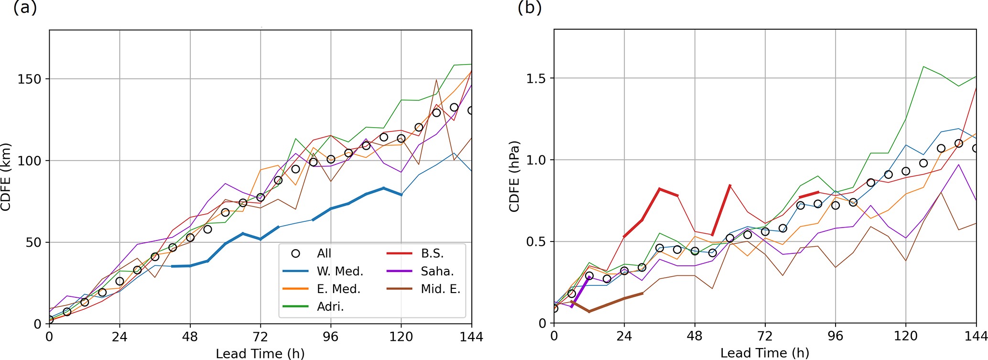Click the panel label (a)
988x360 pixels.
(25, 8)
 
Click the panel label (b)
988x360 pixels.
(530, 8)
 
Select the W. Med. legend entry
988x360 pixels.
(340, 272)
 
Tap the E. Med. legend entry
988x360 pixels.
(338, 289)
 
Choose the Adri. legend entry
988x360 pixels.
(330, 306)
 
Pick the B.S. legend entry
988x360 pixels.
(432, 254)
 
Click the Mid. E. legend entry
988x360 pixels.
(440, 289)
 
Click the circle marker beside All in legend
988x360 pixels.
(296, 254)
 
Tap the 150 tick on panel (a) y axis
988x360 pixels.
(30, 79)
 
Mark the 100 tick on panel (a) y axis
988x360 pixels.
(30, 161)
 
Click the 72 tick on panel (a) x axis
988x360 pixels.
(261, 337)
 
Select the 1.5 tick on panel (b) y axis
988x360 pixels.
(536, 78)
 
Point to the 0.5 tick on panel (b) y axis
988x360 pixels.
(536, 242)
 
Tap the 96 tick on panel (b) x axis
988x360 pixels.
(836, 336)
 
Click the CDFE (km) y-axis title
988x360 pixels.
(6, 177)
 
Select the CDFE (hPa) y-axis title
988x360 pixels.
(514, 177)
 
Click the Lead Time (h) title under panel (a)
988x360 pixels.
(260, 353)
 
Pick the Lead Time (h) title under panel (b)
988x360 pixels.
(765, 353)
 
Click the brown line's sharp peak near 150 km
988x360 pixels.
(436, 80)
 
